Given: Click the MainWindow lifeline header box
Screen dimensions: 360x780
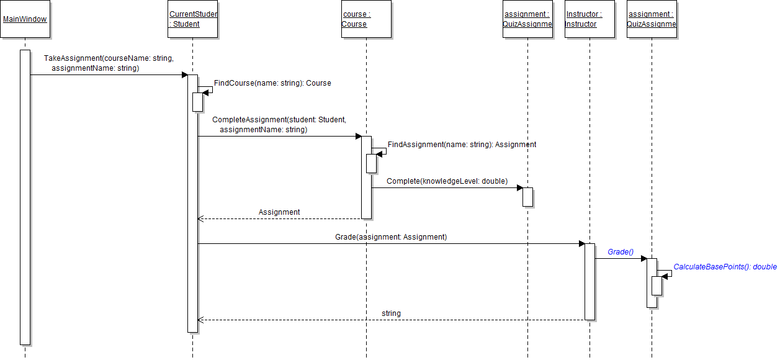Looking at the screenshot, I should tap(25, 19).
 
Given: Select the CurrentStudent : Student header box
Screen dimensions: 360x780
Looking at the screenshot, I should tap(193, 19).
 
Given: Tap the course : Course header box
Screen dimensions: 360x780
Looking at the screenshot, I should tap(366, 19).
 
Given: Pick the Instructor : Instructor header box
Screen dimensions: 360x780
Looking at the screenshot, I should tap(589, 19).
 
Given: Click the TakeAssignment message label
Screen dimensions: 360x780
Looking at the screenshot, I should tap(109, 63).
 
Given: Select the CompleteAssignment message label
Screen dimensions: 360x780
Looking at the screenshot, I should tap(279, 124).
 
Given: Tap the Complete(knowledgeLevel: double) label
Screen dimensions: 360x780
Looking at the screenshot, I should tap(447, 181).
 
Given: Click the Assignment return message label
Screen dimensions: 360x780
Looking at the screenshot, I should tap(279, 212).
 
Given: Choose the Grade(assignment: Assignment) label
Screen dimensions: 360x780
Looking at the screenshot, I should tap(391, 237).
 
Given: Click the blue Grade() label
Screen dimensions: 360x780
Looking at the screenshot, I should tap(620, 252).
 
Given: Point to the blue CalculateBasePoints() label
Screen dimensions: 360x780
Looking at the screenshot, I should tap(725, 267).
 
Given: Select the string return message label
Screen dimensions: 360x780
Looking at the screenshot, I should tap(391, 313).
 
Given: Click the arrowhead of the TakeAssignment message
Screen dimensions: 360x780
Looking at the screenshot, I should tap(184, 75).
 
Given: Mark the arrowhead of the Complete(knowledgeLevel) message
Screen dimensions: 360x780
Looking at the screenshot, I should tap(519, 187).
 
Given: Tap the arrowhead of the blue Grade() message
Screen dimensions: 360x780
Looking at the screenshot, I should tap(643, 258).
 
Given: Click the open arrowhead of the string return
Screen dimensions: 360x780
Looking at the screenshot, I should tap(200, 320).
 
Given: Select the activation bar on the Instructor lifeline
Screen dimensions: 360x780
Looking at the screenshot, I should tap(589, 282).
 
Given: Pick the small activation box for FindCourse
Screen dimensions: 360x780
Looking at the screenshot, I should tap(197, 102).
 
